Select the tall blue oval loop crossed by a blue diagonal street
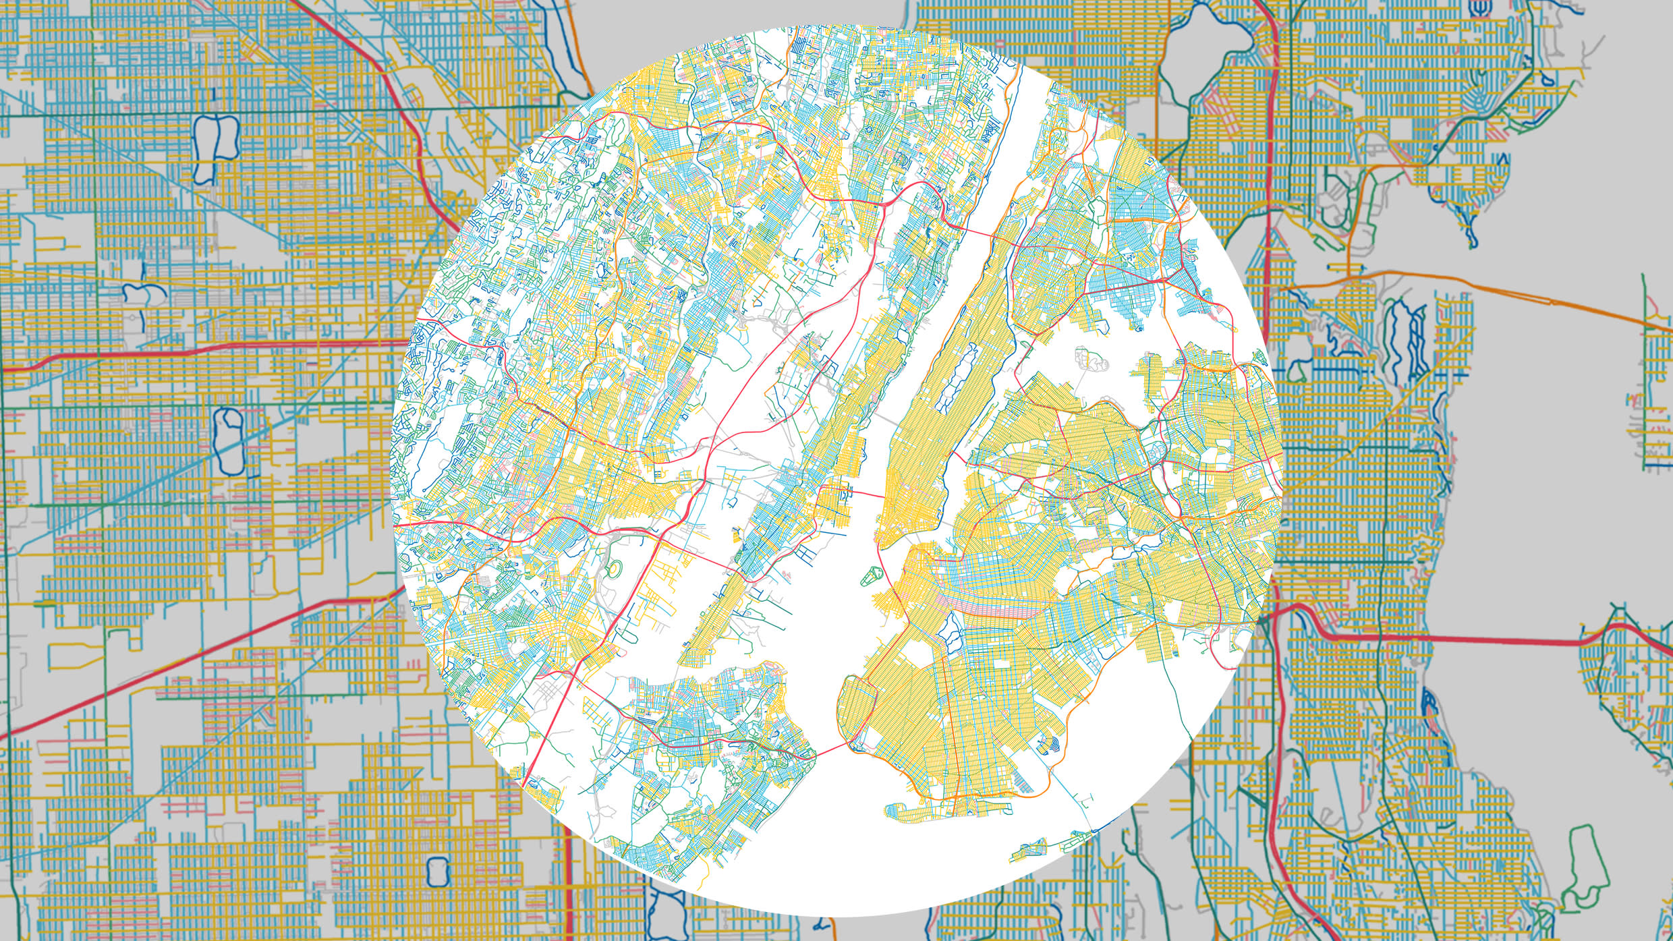point(228,440)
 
